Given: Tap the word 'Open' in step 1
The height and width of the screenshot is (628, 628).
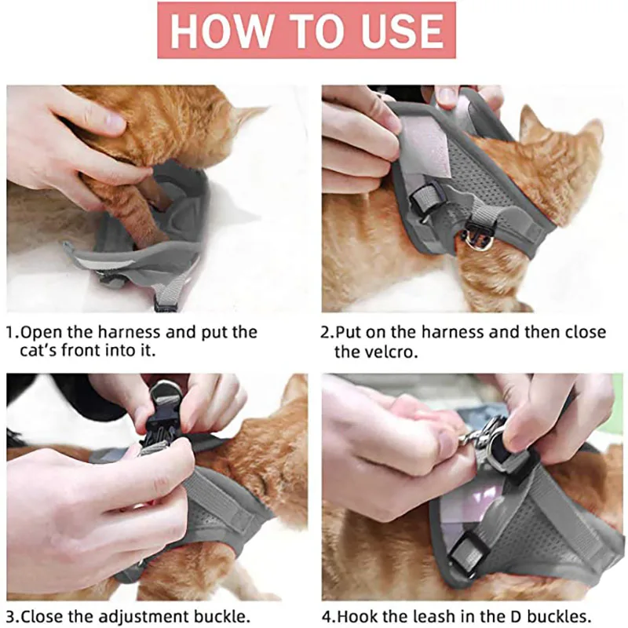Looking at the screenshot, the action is tap(42, 333).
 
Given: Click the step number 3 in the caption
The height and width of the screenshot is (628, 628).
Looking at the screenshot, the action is tap(11, 616).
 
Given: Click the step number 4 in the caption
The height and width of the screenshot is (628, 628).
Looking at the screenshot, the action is tap(327, 616).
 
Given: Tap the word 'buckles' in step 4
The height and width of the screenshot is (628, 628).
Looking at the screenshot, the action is tap(553, 616).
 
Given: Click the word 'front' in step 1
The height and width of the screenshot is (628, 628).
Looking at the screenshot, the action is tap(82, 350).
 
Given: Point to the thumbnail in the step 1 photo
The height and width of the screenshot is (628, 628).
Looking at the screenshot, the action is tap(112, 119).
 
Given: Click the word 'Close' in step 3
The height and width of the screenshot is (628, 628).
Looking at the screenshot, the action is tap(42, 616).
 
